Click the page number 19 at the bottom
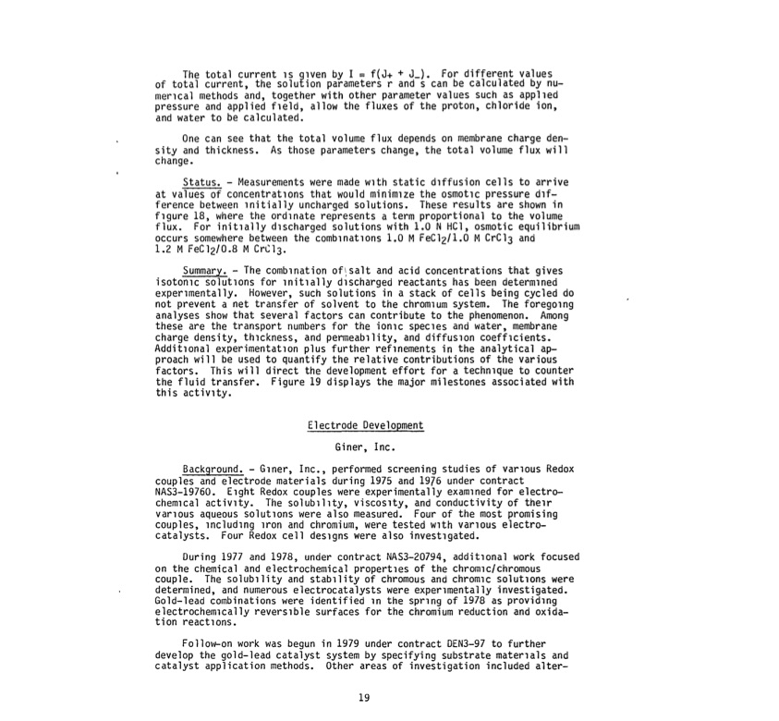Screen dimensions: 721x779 coord(363,699)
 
